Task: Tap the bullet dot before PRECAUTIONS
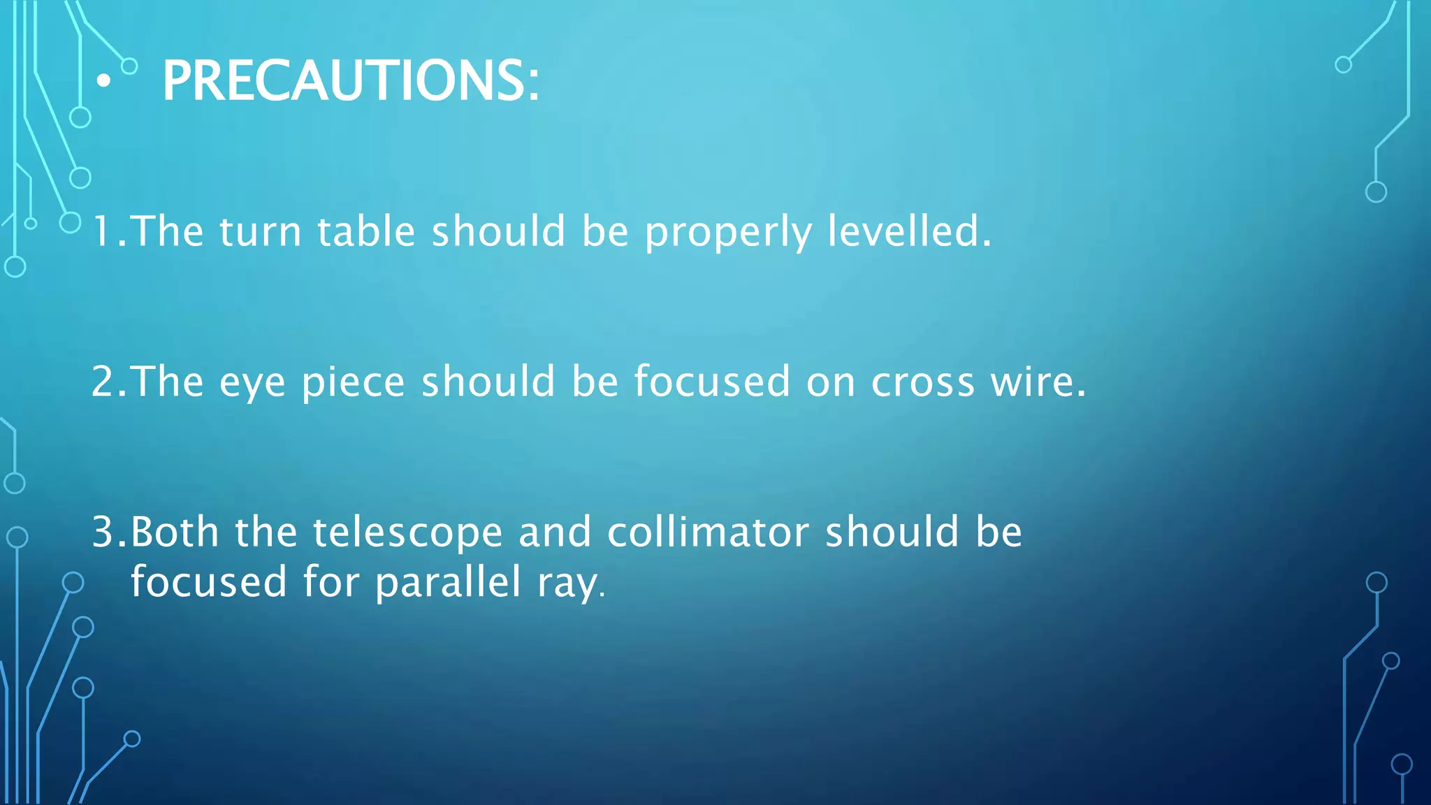point(103,82)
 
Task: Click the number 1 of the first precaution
point(102,231)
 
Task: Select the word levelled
point(908,231)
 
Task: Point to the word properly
point(728,233)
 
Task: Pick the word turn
point(260,233)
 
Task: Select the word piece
point(354,383)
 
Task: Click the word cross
point(922,383)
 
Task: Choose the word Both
point(175,532)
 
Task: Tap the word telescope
point(407,533)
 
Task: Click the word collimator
point(708,532)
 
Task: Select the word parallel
point(448,582)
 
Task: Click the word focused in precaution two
point(712,382)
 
